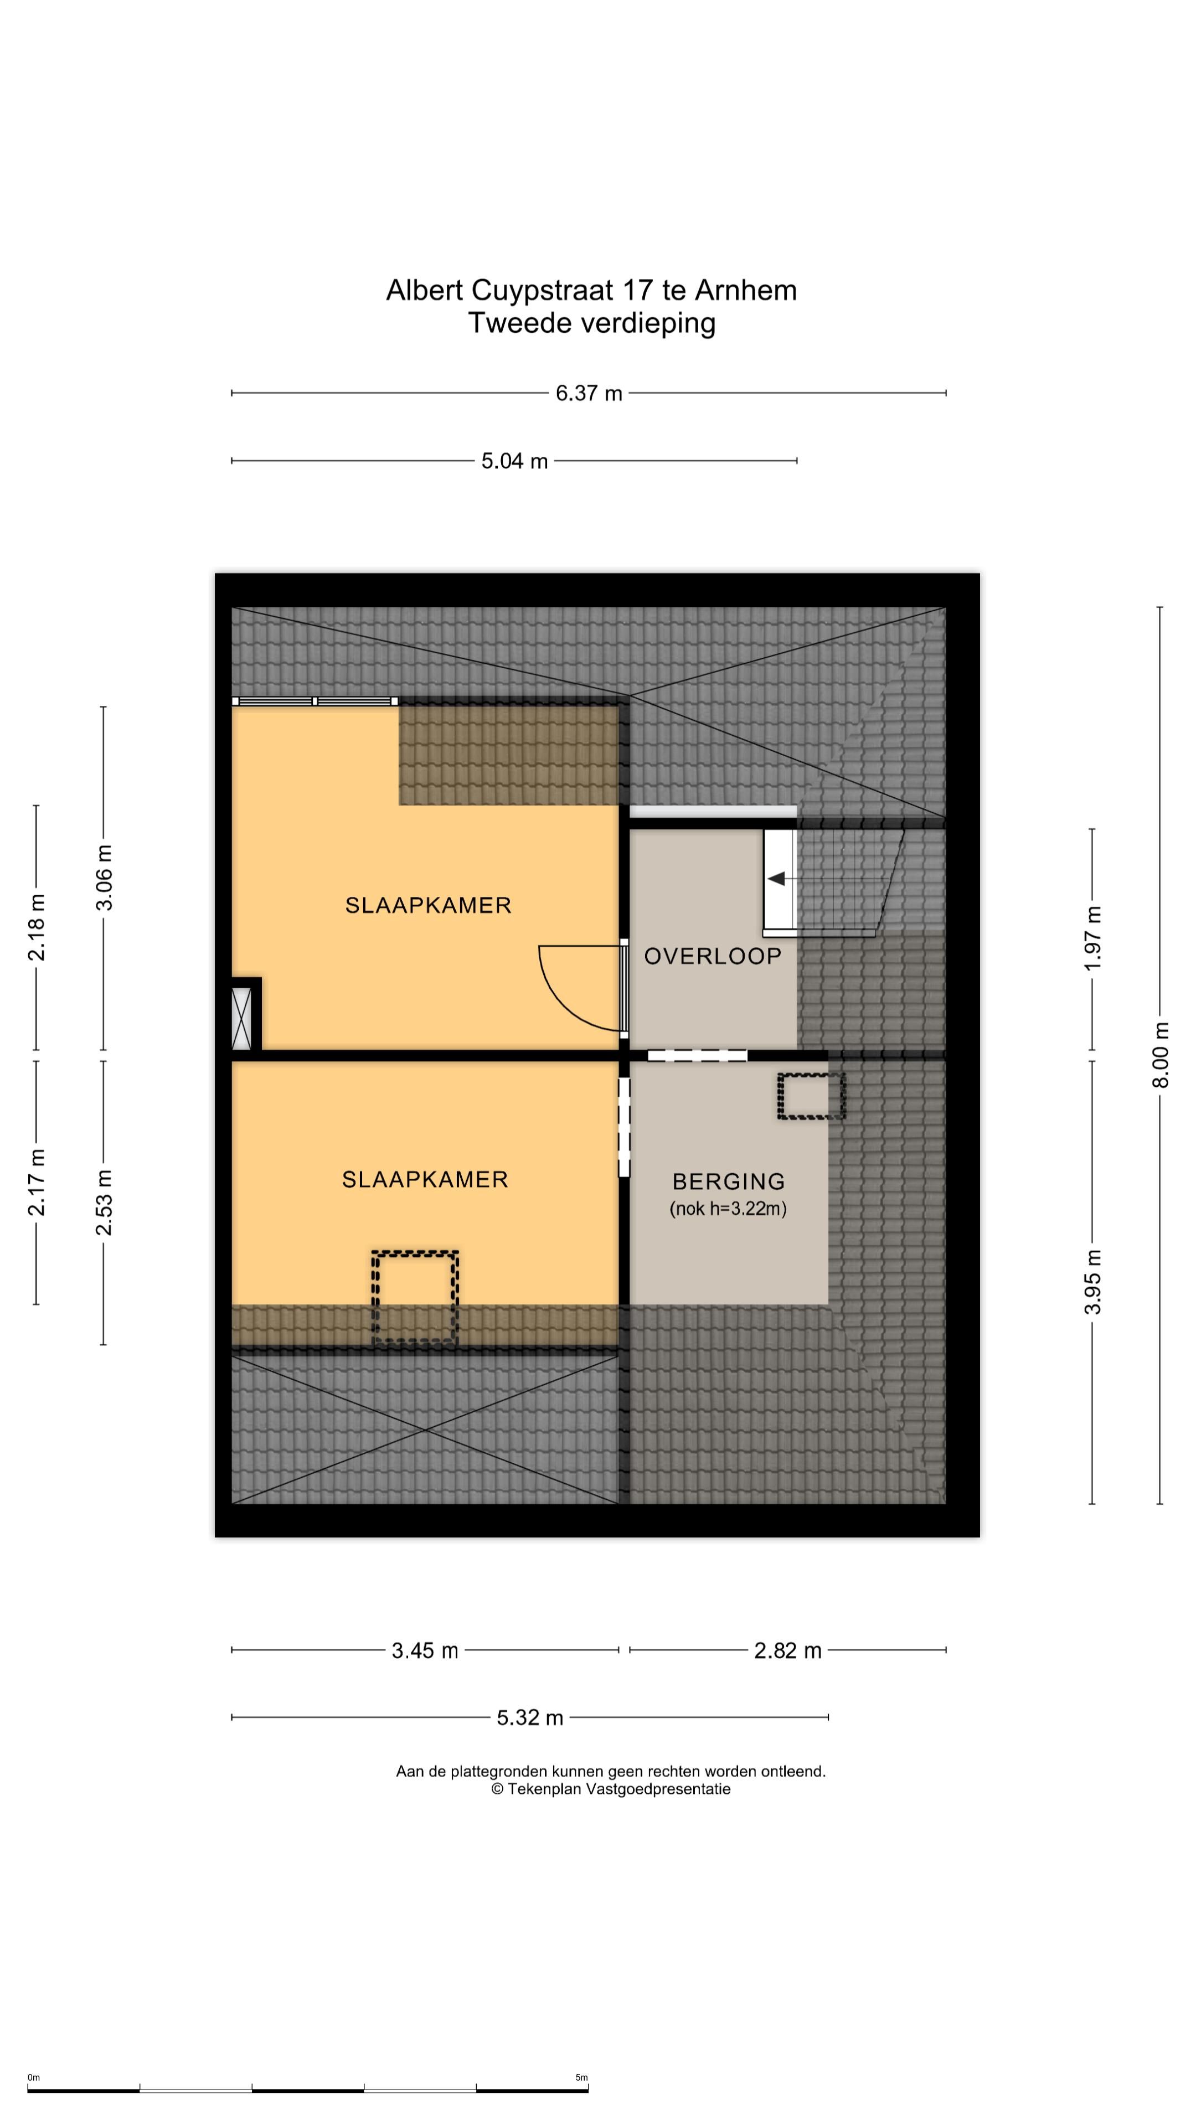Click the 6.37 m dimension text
589,393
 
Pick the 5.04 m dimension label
514,461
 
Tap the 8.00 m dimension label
1161,1055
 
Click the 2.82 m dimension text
787,1650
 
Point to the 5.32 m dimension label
530,1717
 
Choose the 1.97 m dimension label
1093,938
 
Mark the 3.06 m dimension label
104,878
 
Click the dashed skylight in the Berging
811,1096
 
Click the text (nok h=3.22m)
728,1209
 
